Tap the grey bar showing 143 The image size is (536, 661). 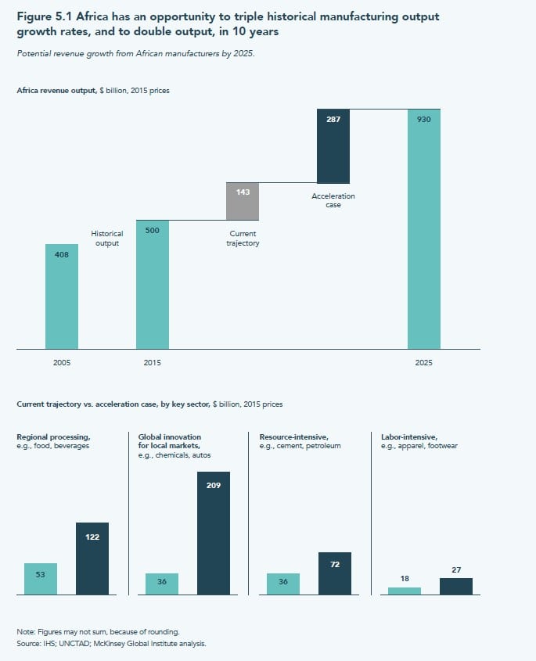pyautogui.click(x=242, y=201)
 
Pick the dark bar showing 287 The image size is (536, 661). pyautogui.click(x=333, y=146)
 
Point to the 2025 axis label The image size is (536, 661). pyautogui.click(x=424, y=363)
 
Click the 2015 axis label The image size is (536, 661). pyautogui.click(x=153, y=363)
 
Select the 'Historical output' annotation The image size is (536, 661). pyautogui.click(x=107, y=238)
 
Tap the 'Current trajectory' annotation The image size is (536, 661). pyautogui.click(x=243, y=238)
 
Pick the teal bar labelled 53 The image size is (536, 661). pyautogui.click(x=41, y=579)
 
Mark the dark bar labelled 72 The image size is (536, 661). pyautogui.click(x=334, y=573)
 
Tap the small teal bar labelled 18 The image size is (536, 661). pyautogui.click(x=404, y=591)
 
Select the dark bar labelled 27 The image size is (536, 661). pyautogui.click(x=455, y=587)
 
